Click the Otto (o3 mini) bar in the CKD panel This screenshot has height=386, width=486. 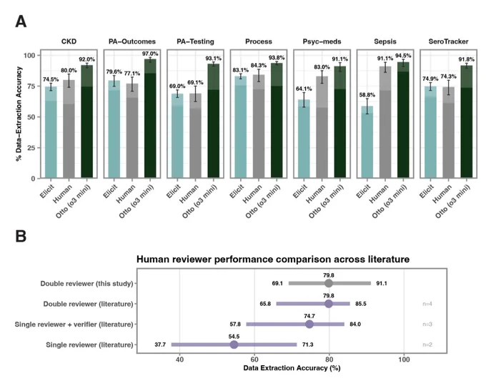click(86, 122)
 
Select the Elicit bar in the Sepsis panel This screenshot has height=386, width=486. click(367, 142)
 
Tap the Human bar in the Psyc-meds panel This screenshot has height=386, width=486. click(322, 127)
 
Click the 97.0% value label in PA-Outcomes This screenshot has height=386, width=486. click(150, 54)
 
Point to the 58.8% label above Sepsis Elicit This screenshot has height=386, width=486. click(367, 95)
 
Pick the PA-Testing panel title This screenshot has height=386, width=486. click(195, 41)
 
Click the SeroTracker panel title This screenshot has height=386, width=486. click(448, 41)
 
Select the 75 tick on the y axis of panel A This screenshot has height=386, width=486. click(31, 86)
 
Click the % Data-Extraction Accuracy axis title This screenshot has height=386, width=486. click(19, 114)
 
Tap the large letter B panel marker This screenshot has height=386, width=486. click(21, 237)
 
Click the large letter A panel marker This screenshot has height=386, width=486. click(21, 21)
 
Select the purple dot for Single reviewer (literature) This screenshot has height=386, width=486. click(234, 345)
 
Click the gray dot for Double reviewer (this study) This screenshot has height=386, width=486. click(329, 283)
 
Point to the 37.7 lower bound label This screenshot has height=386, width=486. click(160, 345)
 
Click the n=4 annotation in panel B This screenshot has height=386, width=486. click(427, 304)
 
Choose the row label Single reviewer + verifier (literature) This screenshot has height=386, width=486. click(74, 325)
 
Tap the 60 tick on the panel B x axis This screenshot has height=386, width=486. click(254, 360)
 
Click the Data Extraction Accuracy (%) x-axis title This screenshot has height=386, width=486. click(292, 368)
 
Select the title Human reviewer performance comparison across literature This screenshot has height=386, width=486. click(273, 259)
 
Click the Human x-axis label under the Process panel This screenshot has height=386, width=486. click(252, 194)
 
